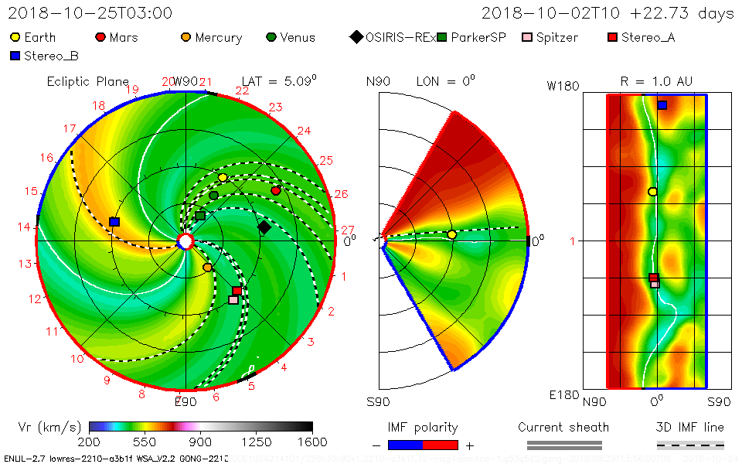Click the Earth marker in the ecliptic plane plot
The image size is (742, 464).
pyautogui.click(x=223, y=178)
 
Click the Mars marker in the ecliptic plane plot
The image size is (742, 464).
pyautogui.click(x=276, y=190)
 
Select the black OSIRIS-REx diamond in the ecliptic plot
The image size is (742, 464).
pyautogui.click(x=264, y=227)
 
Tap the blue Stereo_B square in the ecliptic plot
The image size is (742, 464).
pyautogui.click(x=114, y=222)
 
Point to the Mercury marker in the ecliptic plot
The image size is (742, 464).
pyautogui.click(x=207, y=268)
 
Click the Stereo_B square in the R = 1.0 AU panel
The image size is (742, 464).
pyautogui.click(x=662, y=104)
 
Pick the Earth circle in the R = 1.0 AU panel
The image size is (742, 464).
pyautogui.click(x=652, y=192)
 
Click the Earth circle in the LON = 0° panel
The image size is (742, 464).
pyautogui.click(x=451, y=234)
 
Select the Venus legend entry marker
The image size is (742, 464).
pyautogui.click(x=271, y=37)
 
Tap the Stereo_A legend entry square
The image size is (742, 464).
pyautogui.click(x=611, y=37)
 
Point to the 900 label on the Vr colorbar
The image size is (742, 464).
pyautogui.click(x=201, y=442)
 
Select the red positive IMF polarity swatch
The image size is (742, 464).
pyautogui.click(x=441, y=445)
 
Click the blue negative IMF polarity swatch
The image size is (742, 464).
pyautogui.click(x=405, y=445)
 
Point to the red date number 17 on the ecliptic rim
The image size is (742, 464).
pyautogui.click(x=70, y=128)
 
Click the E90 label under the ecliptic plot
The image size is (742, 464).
pyautogui.click(x=185, y=401)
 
